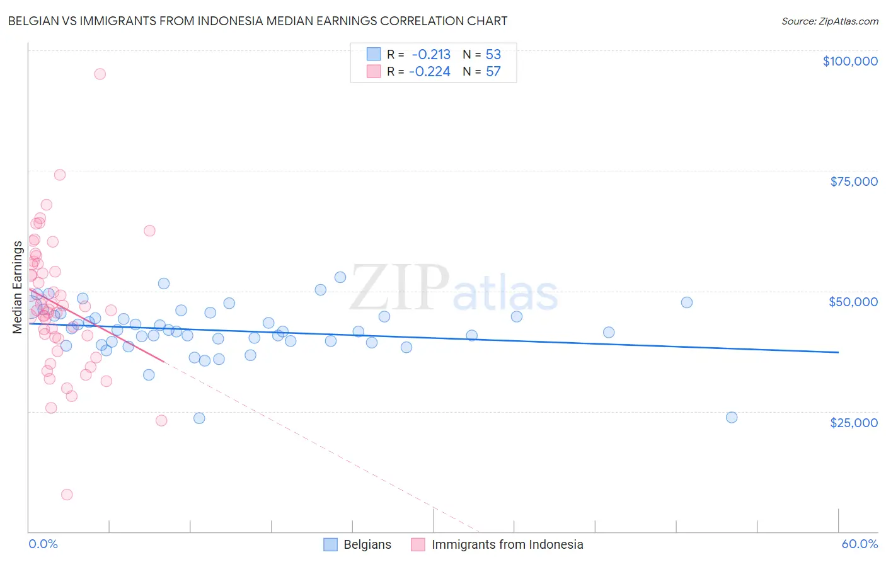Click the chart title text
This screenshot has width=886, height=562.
tap(257, 21)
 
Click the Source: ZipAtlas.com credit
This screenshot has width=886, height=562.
tap(829, 21)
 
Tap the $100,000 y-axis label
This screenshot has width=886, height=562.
tap(849, 61)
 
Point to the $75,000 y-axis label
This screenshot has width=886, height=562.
tap(853, 181)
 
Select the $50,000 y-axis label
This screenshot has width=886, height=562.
tap(853, 302)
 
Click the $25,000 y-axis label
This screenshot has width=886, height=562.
tap(853, 423)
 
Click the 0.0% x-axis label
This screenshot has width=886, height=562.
tap(43, 544)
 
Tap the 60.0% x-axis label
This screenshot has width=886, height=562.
tap(859, 544)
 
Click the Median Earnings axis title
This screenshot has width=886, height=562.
tap(18, 287)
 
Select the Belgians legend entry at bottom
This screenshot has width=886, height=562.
tap(357, 544)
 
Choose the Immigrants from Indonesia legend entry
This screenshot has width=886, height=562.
tap(497, 544)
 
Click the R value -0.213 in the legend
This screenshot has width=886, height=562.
tap(431, 54)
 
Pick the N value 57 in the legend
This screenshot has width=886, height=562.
tap(493, 72)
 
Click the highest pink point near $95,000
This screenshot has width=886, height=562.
tap(100, 74)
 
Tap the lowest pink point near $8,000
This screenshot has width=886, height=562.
tap(67, 495)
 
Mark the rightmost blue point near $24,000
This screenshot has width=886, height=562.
tap(732, 417)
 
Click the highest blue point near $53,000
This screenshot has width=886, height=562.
tap(340, 277)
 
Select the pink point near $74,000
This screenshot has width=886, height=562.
tap(60, 175)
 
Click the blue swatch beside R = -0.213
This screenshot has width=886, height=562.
tap(374, 54)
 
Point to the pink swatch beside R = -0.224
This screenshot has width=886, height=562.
tap(374, 72)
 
